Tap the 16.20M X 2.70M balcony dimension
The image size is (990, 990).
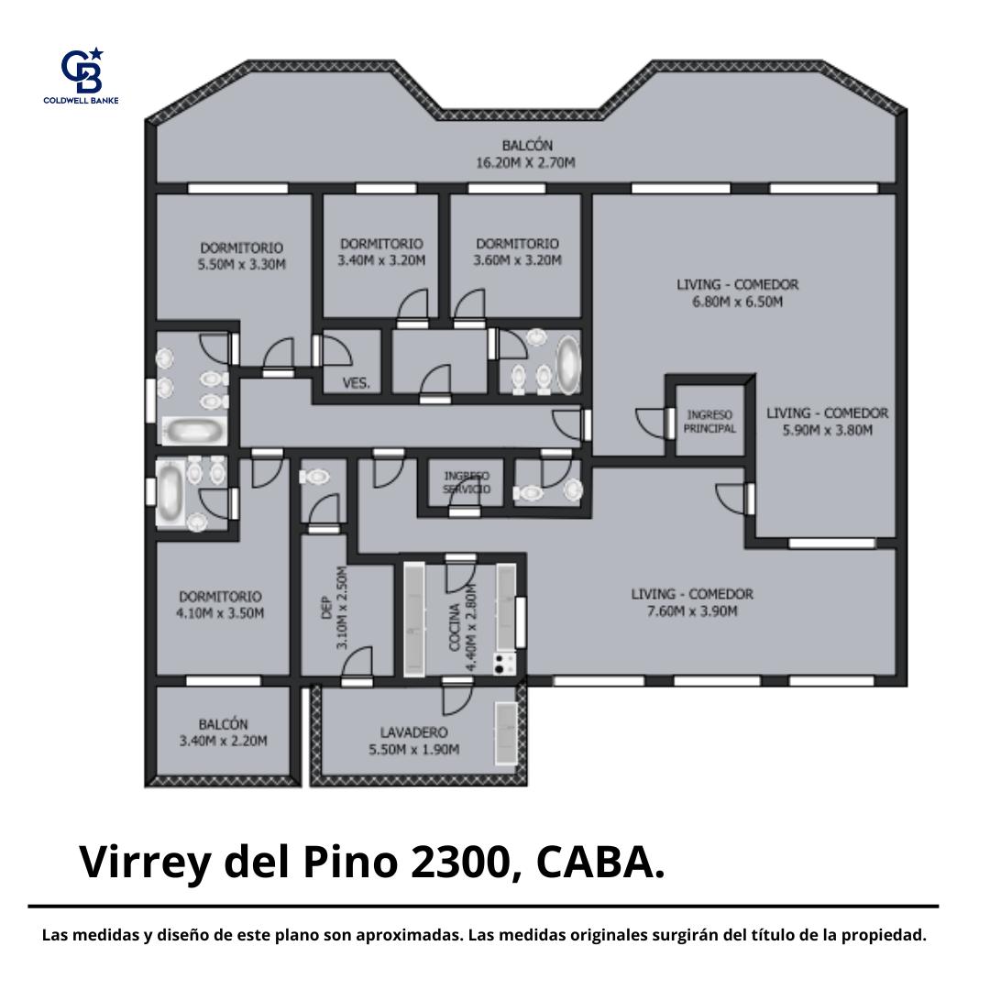point(525,163)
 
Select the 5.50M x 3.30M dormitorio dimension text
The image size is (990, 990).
point(241,265)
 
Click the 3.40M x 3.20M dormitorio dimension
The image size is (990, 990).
point(380,260)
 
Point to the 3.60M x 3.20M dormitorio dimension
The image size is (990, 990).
point(517,260)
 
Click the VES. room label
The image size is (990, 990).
point(356,383)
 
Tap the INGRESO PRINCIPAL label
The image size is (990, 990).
point(709,422)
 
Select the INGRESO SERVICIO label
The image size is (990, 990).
point(467,482)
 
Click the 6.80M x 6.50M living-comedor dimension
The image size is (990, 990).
point(737,302)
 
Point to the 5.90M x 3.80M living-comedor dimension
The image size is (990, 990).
point(827,431)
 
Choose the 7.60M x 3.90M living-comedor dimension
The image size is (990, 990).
point(692,611)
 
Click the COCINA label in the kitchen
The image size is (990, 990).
point(454,628)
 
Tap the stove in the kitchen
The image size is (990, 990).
point(504,664)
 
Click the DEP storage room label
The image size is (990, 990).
point(326,607)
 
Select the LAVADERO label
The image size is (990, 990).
point(413,732)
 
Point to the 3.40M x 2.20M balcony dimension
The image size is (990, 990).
point(223,741)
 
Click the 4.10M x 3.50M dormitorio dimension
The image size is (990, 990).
point(220,613)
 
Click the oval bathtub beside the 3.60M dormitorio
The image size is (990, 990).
point(567,365)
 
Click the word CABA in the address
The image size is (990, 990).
point(594,862)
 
